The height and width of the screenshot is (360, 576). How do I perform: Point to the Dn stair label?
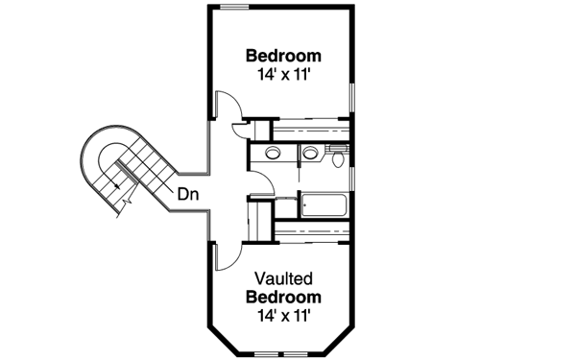click(187, 194)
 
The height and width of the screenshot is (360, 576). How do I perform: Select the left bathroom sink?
click(272, 154)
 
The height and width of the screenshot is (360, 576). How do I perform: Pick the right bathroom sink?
click(310, 154)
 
